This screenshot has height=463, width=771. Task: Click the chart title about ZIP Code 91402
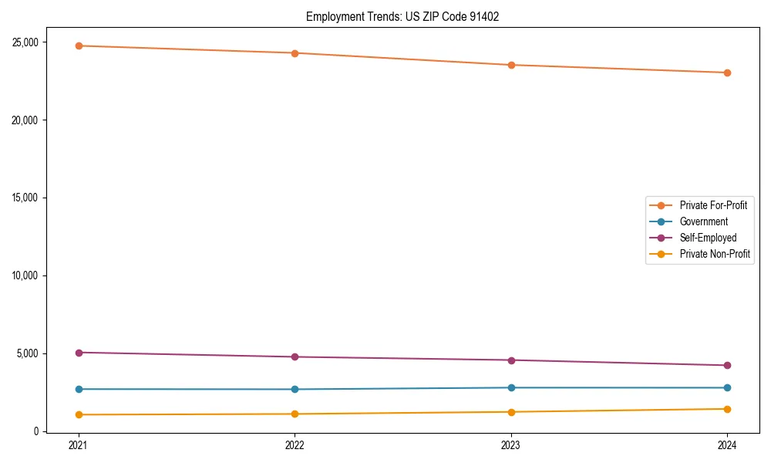[402, 16]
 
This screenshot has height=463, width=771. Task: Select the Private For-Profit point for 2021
[79, 46]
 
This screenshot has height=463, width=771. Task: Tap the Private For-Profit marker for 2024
[727, 73]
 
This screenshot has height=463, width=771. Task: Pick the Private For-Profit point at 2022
[295, 53]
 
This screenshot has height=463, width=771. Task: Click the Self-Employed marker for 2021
[79, 353]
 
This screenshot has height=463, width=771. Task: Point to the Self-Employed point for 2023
[511, 360]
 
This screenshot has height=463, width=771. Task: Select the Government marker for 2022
[295, 389]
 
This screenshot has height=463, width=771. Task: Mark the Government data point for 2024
[727, 387]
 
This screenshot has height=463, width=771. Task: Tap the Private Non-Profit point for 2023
[511, 412]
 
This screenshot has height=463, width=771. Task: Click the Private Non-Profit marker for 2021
[79, 414]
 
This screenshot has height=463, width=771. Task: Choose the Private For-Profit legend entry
[713, 205]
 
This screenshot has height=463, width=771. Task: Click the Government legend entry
[703, 221]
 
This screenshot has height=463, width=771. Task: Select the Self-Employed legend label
[708, 238]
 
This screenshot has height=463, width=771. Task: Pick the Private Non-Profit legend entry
[715, 254]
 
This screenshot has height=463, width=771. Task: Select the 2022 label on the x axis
[295, 444]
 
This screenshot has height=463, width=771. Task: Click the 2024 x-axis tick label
[727, 444]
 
